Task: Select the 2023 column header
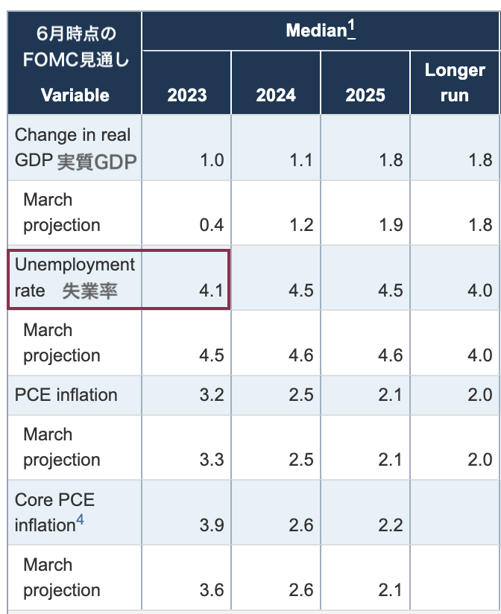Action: tap(186, 95)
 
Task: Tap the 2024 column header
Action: tap(276, 95)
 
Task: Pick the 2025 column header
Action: tap(365, 95)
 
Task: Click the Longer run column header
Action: tap(455, 82)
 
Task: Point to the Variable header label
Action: tap(75, 95)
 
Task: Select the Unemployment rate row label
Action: tap(75, 277)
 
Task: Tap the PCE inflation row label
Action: tap(66, 394)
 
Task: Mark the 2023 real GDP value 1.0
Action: tap(212, 160)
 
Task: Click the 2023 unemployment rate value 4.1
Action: tap(212, 290)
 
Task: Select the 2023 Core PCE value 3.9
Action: tap(212, 525)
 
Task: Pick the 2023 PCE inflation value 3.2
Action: tap(212, 394)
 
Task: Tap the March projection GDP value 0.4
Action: tap(212, 225)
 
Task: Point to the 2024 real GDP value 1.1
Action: tap(300, 160)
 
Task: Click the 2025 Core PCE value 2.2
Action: tap(390, 525)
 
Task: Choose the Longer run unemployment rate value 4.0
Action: tap(479, 290)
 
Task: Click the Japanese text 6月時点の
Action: tap(75, 34)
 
